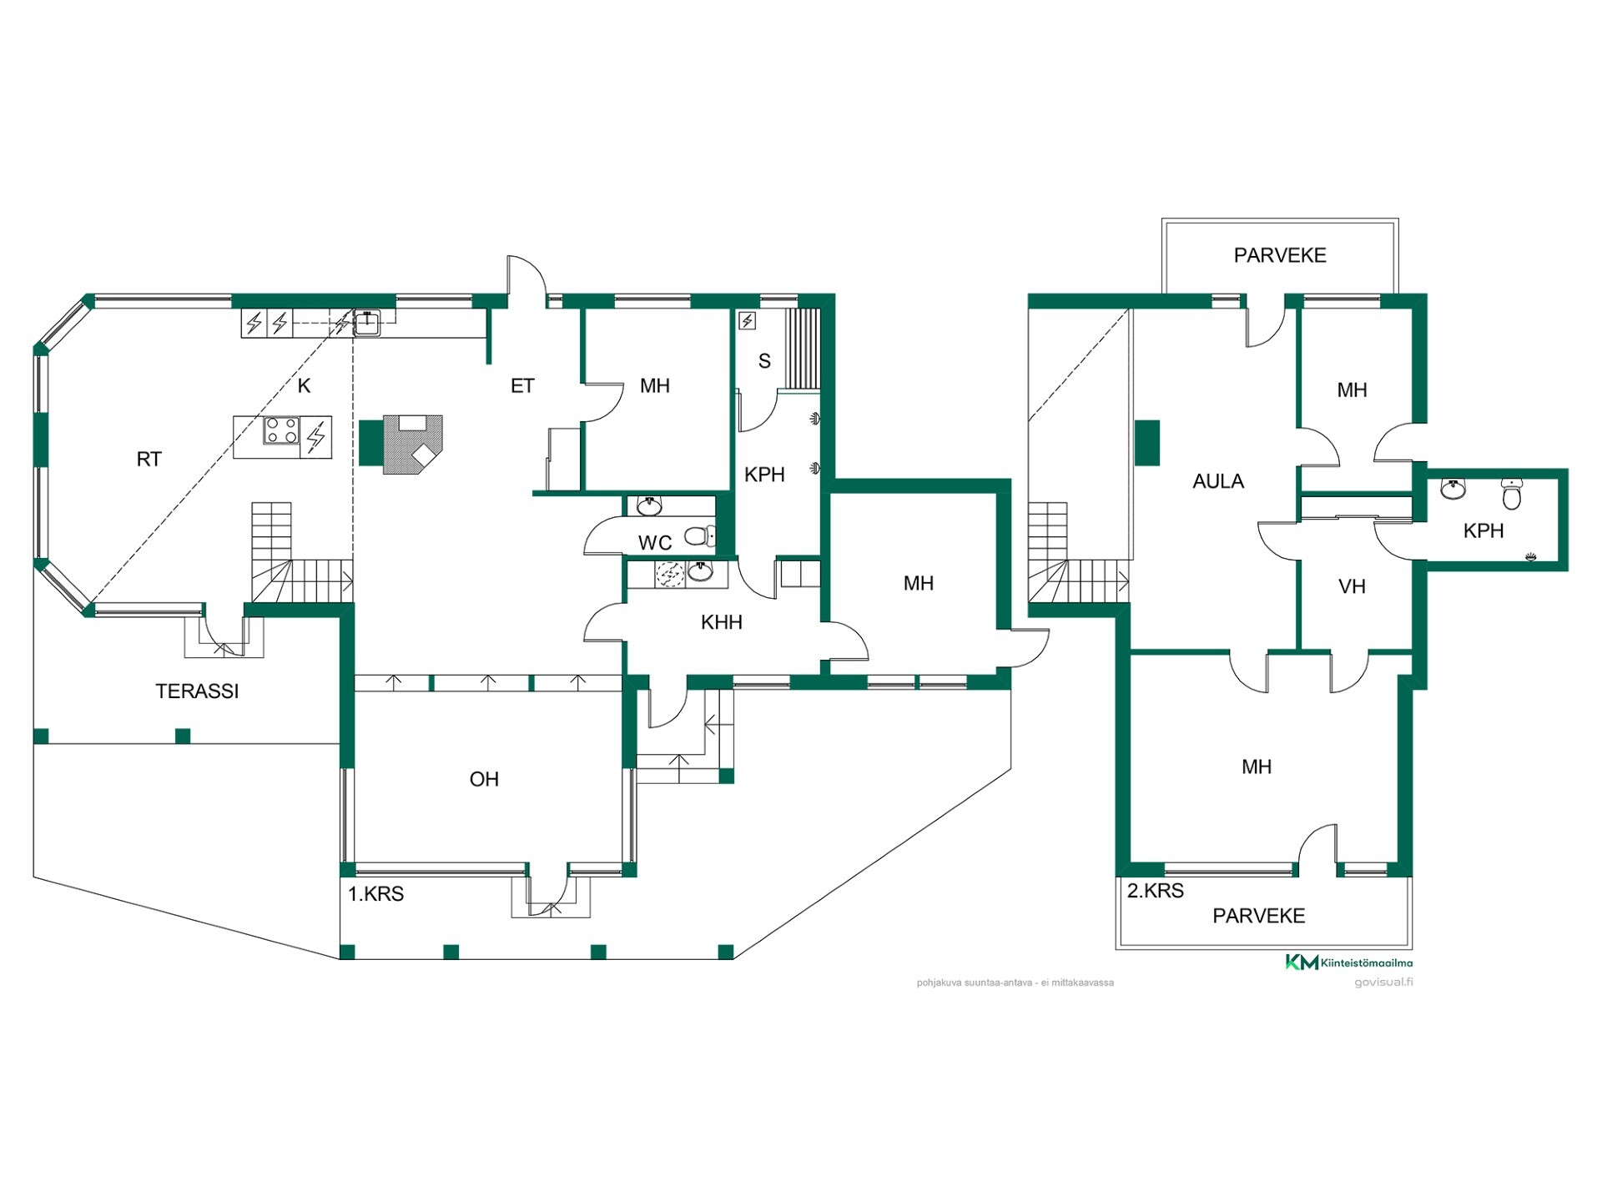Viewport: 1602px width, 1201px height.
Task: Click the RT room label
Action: (149, 460)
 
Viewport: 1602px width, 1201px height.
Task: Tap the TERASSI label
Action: (197, 691)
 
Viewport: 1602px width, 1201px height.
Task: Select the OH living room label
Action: (484, 780)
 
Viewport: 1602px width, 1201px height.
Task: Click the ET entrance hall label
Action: (522, 386)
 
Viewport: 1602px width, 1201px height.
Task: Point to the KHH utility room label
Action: (722, 622)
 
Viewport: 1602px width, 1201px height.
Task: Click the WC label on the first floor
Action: (655, 544)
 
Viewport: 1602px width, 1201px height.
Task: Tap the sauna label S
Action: (764, 362)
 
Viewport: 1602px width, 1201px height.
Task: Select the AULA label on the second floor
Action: (1218, 481)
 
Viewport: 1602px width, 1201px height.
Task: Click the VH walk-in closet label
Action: (1352, 587)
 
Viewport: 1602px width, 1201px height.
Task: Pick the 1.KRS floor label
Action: (375, 894)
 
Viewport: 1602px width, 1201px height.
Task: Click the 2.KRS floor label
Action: (1156, 891)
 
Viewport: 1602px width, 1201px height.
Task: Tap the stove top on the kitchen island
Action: (281, 431)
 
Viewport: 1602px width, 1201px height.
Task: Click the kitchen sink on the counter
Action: (366, 322)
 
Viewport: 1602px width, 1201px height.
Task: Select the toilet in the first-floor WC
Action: (699, 535)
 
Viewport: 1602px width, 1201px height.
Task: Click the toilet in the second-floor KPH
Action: (1512, 493)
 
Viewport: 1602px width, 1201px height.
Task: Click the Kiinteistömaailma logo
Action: (1348, 962)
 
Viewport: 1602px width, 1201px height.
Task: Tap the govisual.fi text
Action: (1383, 982)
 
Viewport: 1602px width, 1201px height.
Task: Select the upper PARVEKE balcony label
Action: (1280, 255)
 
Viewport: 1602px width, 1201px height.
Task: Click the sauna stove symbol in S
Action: (748, 320)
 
